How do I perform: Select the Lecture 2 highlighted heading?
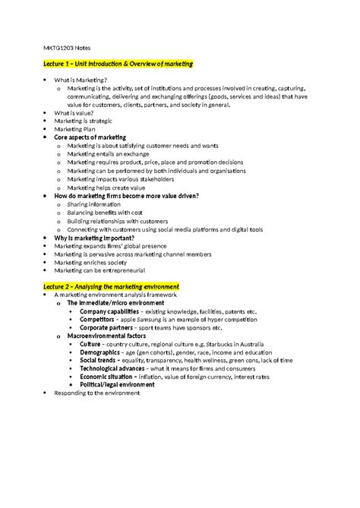(x=111, y=285)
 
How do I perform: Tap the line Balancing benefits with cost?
(x=105, y=212)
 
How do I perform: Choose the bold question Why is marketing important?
(x=96, y=238)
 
